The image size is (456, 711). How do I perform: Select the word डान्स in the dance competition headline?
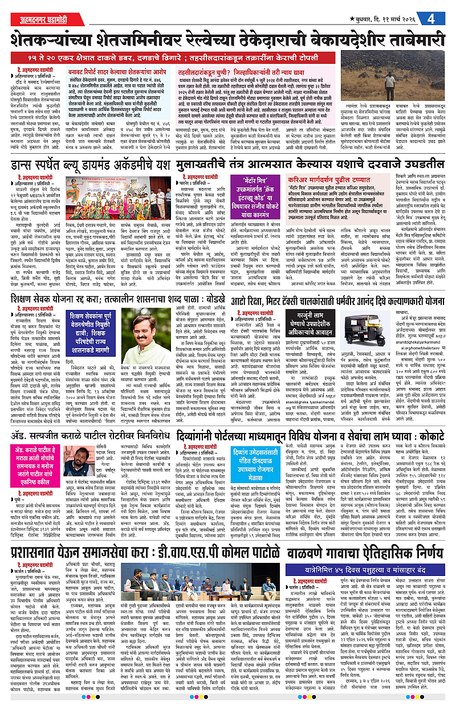coord(28,166)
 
